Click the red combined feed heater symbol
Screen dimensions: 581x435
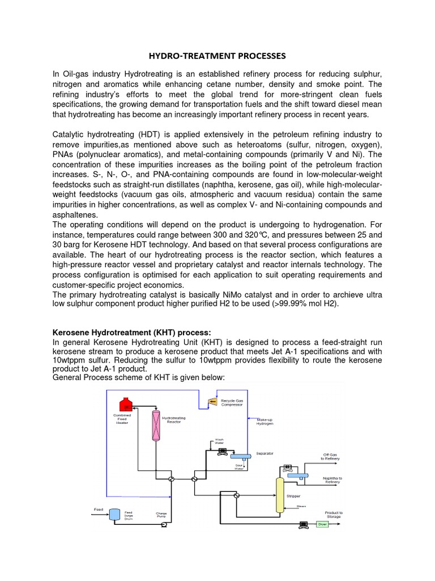125,403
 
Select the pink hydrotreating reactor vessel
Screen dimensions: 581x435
155,426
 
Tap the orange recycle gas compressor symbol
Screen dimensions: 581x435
212,402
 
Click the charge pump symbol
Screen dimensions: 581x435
164,525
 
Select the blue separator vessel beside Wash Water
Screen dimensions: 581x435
241,456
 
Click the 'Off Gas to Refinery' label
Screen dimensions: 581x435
331,457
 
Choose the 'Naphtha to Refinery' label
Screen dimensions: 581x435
332,481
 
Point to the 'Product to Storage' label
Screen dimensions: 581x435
334,515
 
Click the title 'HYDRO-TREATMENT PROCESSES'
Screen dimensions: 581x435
217,56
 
